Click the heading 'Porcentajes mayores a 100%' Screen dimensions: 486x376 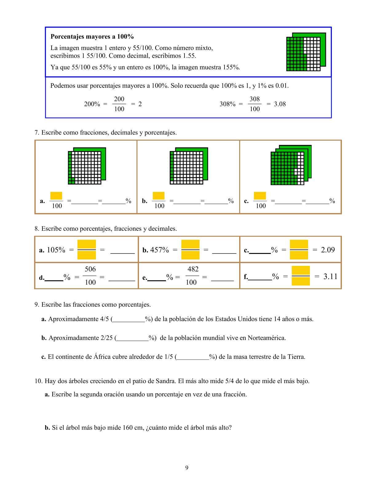pyautogui.click(x=92, y=37)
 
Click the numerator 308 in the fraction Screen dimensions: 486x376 pyautogui.click(x=255, y=99)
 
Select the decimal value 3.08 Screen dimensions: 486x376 pyautogui.click(x=280, y=104)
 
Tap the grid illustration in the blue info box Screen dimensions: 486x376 pyautogui.click(x=306, y=52)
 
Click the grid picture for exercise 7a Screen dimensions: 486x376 pyautogui.click(x=87, y=166)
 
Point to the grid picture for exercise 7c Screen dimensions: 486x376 pyautogui.click(x=291, y=165)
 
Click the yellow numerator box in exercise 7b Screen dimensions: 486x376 pyautogui.click(x=159, y=196)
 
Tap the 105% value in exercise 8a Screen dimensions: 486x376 pyautogui.click(x=56, y=250)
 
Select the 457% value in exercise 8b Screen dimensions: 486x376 pyautogui.click(x=160, y=250)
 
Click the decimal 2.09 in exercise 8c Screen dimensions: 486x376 pyautogui.click(x=328, y=250)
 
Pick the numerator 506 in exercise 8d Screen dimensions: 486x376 pyautogui.click(x=90, y=269)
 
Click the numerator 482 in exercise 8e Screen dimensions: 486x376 pyautogui.click(x=193, y=269)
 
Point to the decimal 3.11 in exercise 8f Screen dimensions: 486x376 pyautogui.click(x=330, y=277)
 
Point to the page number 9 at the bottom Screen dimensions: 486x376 pyautogui.click(x=187, y=468)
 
